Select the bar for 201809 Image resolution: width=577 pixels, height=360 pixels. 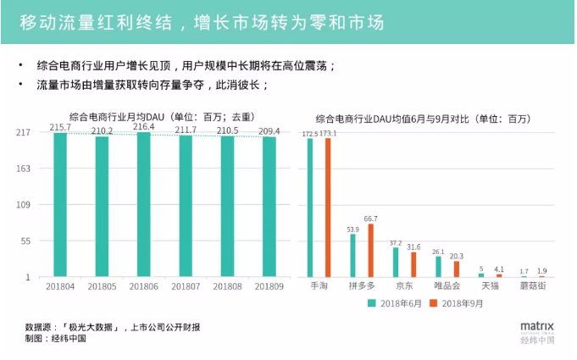click(269, 207)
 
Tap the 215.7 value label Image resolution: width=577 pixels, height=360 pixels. click(60, 128)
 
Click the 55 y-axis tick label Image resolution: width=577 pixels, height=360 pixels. click(25, 241)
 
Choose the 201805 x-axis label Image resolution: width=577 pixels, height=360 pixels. click(102, 288)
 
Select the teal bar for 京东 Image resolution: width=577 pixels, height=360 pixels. click(395, 263)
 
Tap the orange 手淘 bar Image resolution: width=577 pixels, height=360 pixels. click(328, 208)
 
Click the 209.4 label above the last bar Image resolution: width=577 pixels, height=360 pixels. click(269, 130)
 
